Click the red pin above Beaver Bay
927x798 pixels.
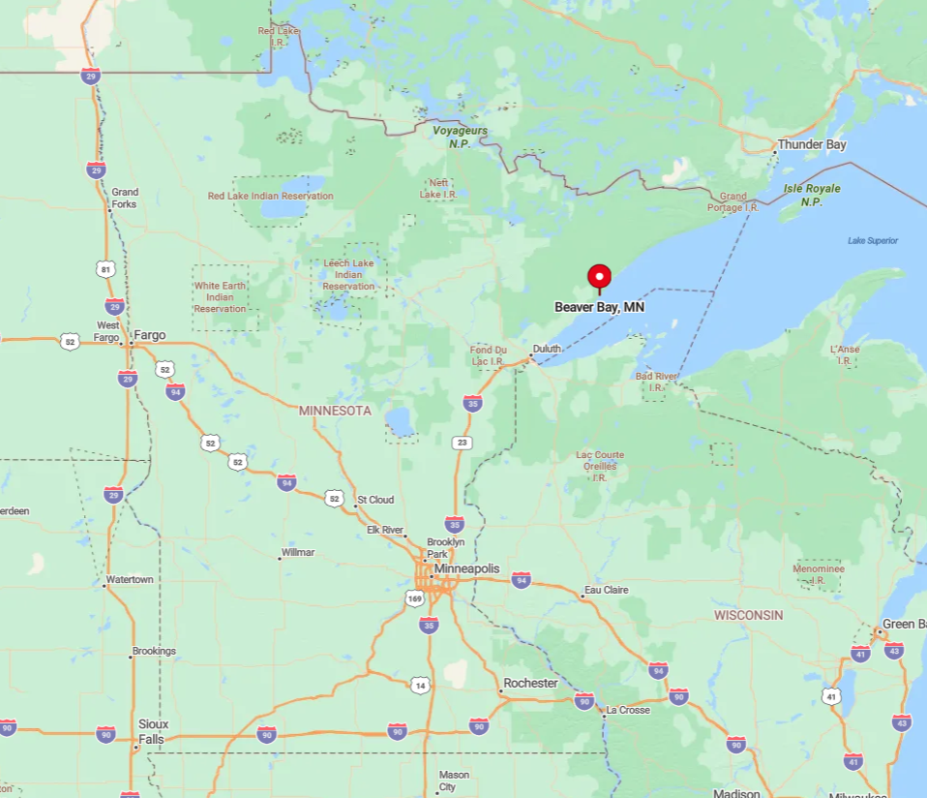599,276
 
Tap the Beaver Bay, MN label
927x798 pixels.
599,307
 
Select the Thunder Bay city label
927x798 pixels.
812,145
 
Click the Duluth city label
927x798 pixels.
547,349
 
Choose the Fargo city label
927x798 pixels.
150,336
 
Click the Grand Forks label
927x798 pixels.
124,199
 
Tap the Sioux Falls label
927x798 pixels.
153,731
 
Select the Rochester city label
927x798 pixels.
531,683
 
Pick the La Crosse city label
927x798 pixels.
628,710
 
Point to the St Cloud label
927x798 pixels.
375,500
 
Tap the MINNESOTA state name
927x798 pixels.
335,411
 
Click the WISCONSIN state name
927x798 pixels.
749,615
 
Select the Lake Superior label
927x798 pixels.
872,240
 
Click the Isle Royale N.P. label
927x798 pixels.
812,195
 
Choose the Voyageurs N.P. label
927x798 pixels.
460,137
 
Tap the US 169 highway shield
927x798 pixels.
414,598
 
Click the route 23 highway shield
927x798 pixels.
463,443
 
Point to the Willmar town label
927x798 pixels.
297,553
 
